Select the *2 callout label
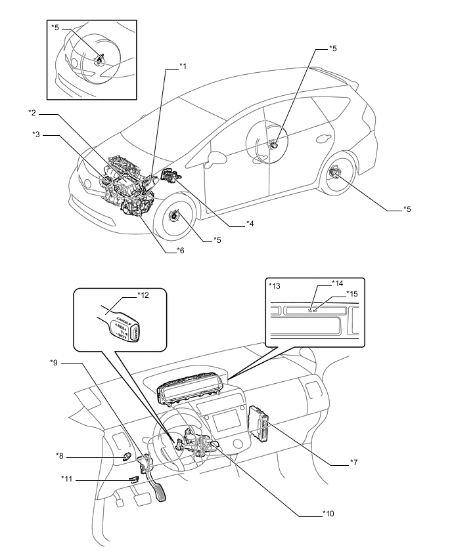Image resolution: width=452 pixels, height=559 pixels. (x=33, y=114)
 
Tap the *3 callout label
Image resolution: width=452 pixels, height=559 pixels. (x=37, y=135)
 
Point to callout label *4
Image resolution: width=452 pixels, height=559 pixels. (x=250, y=224)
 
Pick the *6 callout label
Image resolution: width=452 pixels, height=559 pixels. (x=179, y=251)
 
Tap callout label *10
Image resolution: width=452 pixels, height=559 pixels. (x=327, y=514)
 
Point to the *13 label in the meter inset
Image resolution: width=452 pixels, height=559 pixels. (x=274, y=286)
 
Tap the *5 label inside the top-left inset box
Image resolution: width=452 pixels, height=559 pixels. (x=55, y=28)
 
